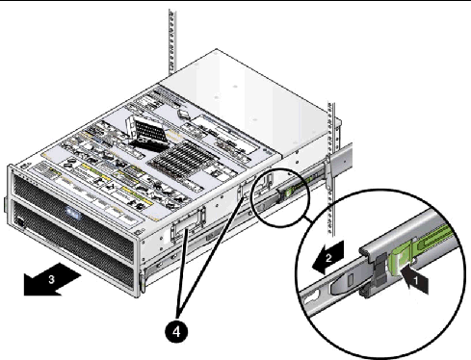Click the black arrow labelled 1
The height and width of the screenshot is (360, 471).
click(x=416, y=280)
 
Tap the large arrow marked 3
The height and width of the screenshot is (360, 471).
click(x=51, y=279)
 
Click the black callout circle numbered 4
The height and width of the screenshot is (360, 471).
click(x=176, y=332)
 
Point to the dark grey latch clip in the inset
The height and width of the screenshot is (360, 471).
click(x=379, y=269)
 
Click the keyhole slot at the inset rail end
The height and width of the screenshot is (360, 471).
click(x=311, y=296)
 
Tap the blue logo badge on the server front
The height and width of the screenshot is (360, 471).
click(x=72, y=214)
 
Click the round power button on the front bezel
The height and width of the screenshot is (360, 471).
click(x=20, y=221)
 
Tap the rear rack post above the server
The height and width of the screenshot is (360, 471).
click(x=172, y=41)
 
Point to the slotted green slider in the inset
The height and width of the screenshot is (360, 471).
click(x=435, y=238)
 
